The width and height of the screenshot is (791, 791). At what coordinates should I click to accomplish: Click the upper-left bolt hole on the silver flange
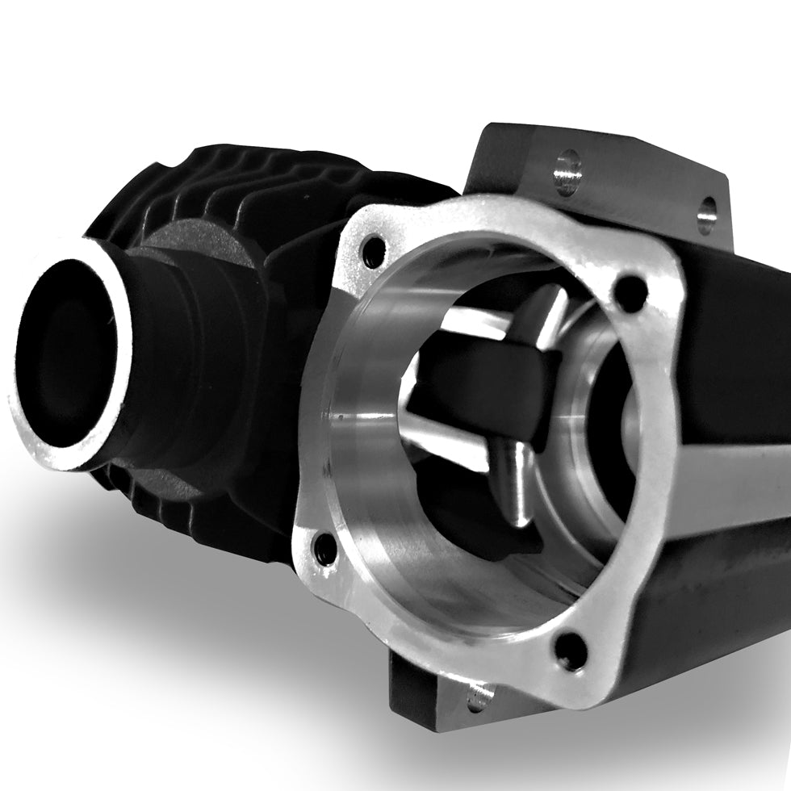tap(374, 253)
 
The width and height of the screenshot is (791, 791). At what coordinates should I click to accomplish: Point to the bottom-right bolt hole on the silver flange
tap(571, 650)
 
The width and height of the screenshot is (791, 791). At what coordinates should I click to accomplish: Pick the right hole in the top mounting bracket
tap(706, 214)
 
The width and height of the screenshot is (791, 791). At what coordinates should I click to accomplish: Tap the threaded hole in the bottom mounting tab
tap(479, 695)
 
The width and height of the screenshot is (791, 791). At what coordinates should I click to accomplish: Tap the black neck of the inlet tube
tap(178, 355)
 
